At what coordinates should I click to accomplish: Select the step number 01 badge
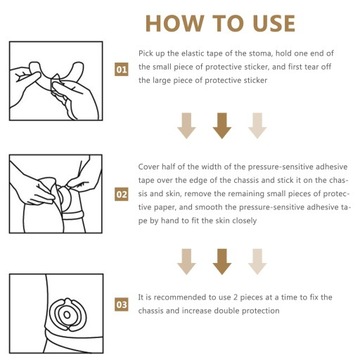point(122,69)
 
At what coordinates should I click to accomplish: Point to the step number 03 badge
point(122,301)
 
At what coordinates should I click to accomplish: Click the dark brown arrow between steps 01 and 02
point(221,124)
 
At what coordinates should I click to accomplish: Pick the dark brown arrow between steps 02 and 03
point(221,260)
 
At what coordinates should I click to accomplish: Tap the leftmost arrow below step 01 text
point(186,124)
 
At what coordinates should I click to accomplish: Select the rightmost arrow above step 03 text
point(256,260)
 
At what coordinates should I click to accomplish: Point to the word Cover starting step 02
point(151,168)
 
